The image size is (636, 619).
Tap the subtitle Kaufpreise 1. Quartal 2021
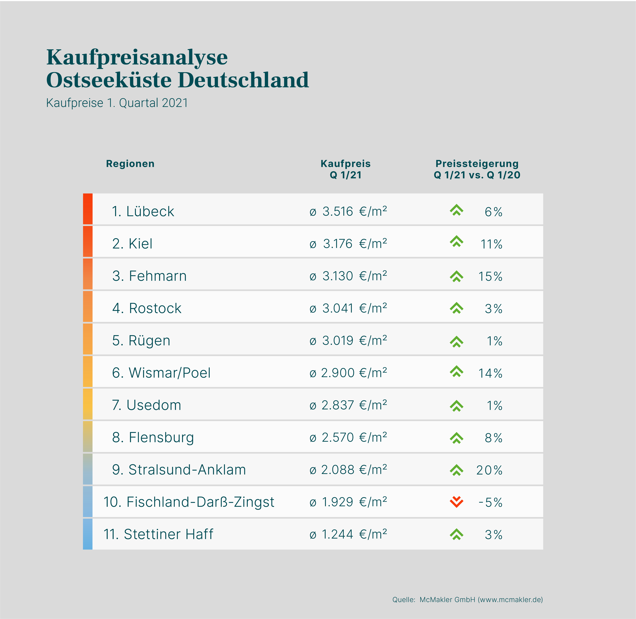(x=117, y=103)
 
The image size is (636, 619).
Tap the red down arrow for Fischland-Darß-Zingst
(x=456, y=502)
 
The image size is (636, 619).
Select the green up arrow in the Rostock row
(x=456, y=308)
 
